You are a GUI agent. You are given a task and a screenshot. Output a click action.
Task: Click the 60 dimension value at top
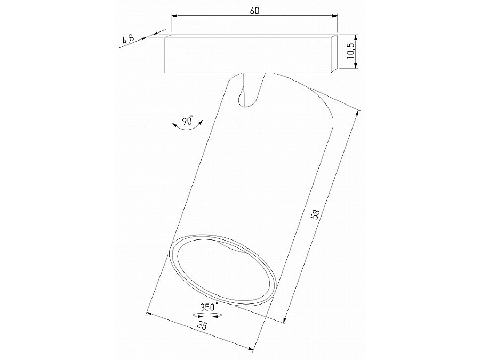click(x=254, y=12)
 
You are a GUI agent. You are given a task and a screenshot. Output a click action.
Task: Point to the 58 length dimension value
click(x=316, y=215)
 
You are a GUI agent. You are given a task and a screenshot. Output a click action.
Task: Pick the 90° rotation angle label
click(x=187, y=121)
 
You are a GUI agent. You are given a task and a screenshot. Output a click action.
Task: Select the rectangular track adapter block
click(x=248, y=54)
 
